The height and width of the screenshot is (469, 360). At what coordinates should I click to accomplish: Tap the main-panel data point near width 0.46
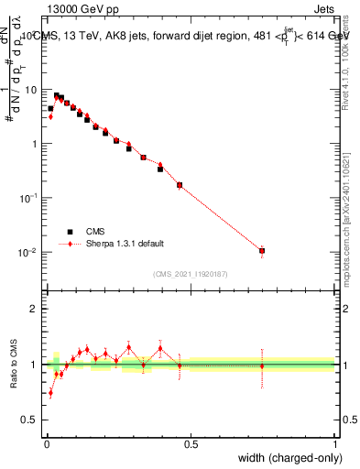180,185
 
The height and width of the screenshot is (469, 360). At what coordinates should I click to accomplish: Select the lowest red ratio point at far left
50,393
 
